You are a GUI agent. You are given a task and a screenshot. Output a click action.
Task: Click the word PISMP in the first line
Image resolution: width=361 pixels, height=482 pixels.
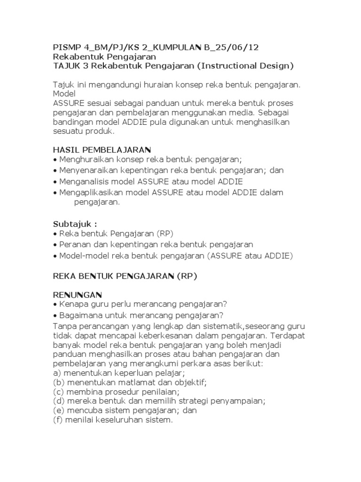coord(65,47)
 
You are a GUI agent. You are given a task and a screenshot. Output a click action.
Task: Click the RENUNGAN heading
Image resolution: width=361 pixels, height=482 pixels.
coord(77,295)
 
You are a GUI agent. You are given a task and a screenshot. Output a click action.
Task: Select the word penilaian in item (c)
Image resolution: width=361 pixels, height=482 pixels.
coord(165,391)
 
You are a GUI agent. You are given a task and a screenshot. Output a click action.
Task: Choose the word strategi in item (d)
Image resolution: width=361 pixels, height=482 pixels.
coord(187,401)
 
